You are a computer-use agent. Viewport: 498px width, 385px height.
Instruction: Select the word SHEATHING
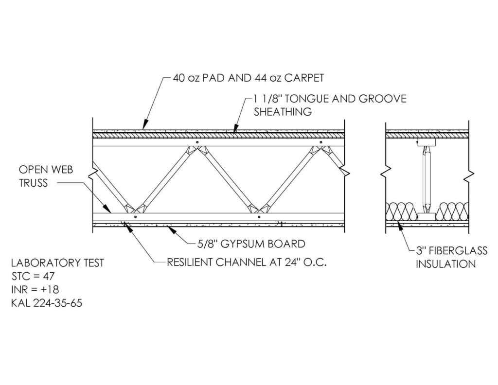(x=283, y=112)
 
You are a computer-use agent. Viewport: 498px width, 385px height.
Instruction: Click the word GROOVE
(x=382, y=99)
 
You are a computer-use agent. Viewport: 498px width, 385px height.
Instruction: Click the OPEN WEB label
(x=46, y=170)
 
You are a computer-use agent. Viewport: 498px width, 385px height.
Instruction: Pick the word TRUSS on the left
(x=33, y=183)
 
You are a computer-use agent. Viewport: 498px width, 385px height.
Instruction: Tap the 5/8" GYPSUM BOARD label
(x=251, y=244)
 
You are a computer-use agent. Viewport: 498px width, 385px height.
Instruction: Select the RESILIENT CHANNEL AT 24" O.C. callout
(x=247, y=262)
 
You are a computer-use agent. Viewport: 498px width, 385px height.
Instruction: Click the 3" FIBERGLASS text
(x=452, y=250)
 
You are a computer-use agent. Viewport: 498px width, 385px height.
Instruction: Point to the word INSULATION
(x=446, y=264)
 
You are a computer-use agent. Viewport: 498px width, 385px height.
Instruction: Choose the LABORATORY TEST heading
(x=57, y=263)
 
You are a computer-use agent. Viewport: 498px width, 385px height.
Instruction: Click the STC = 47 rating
(x=33, y=276)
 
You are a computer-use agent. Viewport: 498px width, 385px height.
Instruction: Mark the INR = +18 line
(x=35, y=289)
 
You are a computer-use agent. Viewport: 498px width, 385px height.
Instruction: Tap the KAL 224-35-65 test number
(x=47, y=303)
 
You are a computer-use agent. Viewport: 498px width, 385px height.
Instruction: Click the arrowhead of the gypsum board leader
(x=171, y=230)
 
